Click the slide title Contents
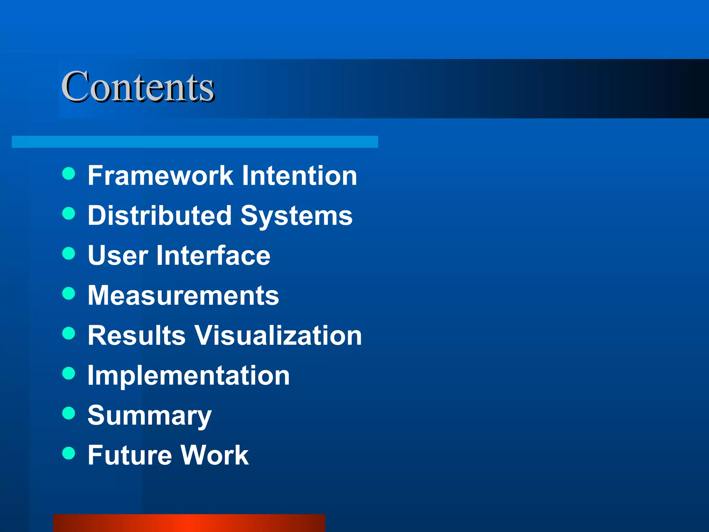[138, 87]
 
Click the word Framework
[160, 176]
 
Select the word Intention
[299, 176]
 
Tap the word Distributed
[160, 215]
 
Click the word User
[118, 256]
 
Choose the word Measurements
[183, 295]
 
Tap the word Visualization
[278, 335]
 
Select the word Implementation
[189, 376]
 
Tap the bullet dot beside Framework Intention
[69, 174]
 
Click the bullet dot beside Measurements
[69, 293]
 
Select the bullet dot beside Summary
[69, 413]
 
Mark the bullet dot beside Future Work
[69, 453]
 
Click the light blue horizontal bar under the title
[195, 142]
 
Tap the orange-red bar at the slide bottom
[189, 523]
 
